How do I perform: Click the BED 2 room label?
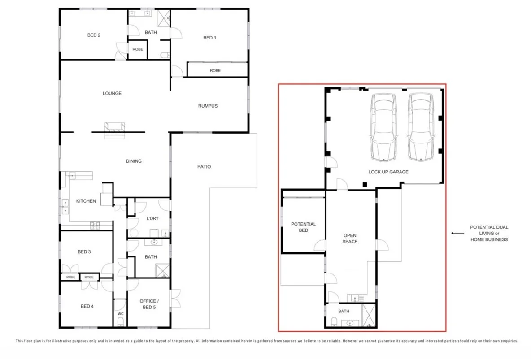93,35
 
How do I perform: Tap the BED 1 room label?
209,38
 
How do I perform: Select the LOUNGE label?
112,93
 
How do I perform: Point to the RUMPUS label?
208,106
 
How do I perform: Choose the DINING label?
134,161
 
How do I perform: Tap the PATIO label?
204,167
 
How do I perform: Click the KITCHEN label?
86,201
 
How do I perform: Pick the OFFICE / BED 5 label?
148,304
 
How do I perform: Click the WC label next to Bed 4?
120,313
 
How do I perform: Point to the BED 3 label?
84,252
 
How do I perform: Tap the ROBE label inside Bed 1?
215,70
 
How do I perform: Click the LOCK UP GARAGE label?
388,172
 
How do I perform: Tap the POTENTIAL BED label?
303,227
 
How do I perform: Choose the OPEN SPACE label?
350,239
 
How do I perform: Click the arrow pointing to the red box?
457,233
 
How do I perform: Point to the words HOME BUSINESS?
489,239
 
